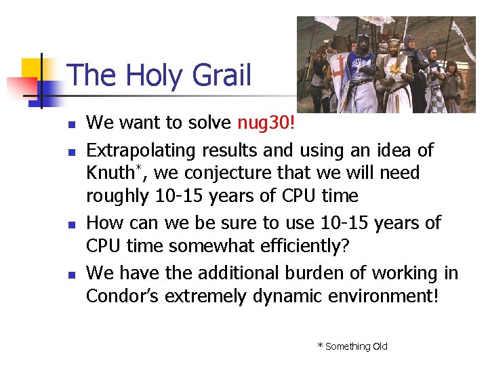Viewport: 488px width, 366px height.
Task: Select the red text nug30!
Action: click(266, 123)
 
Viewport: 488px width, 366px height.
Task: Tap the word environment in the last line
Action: click(369, 296)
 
